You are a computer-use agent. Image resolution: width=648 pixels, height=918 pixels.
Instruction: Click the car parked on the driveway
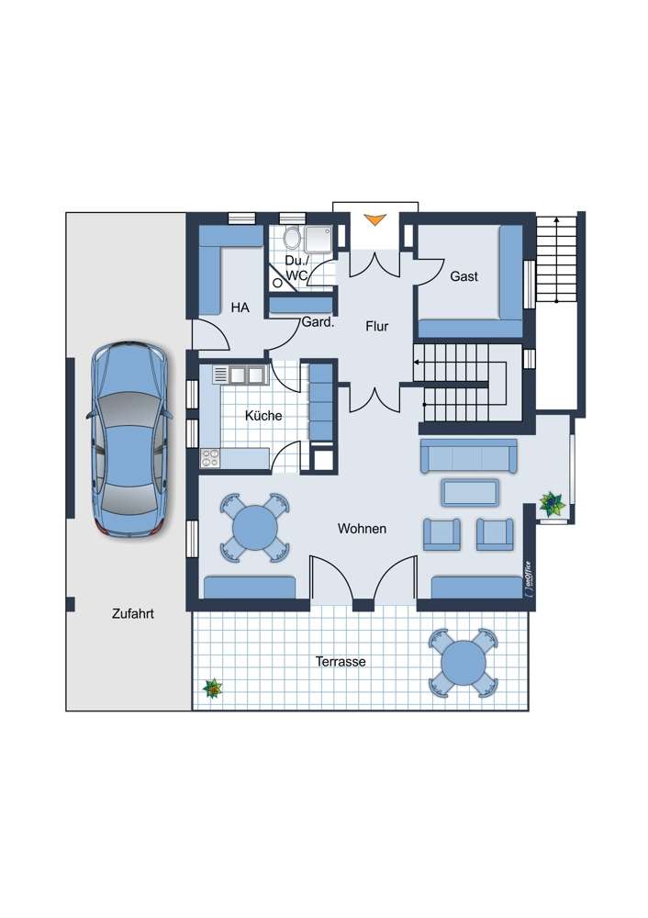[x=130, y=439]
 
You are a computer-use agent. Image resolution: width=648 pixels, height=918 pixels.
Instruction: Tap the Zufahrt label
[x=133, y=613]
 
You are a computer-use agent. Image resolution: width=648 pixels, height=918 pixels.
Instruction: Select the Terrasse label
[x=341, y=662]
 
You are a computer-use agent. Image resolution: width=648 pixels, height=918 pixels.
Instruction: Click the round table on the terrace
[x=464, y=662]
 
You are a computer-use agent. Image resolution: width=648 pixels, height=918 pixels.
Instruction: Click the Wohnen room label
[x=362, y=529]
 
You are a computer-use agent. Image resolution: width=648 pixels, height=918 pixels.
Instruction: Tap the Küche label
[x=263, y=416]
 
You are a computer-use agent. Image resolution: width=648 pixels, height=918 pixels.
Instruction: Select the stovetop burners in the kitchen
[x=210, y=458]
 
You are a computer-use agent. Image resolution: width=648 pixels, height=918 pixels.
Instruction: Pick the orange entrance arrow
[x=374, y=219]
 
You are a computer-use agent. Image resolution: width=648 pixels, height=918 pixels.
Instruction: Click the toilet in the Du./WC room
[x=291, y=238]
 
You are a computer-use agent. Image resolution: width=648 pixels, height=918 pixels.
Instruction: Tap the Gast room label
[x=464, y=276]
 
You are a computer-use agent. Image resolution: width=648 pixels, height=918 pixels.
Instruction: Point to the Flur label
[x=377, y=326]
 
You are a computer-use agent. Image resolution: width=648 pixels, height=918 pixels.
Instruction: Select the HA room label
[x=240, y=308]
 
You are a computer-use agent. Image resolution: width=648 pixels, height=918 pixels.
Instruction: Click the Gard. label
[x=318, y=322]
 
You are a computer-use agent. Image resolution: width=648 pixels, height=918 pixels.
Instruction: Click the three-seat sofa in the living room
[x=469, y=455]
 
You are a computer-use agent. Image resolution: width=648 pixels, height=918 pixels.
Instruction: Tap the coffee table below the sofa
[x=470, y=492]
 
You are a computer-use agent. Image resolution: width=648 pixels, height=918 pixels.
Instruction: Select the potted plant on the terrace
[x=213, y=688]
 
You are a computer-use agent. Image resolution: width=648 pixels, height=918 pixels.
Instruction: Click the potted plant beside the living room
[x=552, y=503]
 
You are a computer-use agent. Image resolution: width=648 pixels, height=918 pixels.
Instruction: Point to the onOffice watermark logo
[x=529, y=579]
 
